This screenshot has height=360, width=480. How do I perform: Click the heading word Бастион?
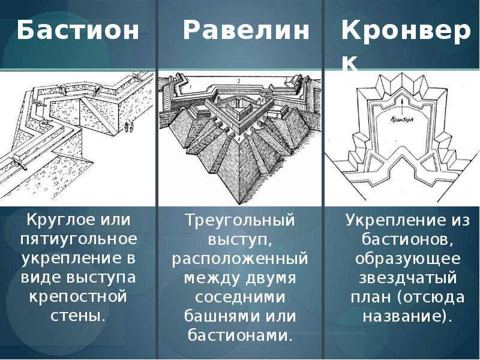coord(77,31)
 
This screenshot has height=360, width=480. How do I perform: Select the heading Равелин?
coord(246,31)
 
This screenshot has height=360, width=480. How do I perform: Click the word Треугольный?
coord(240,220)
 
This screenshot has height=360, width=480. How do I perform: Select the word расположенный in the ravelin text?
coord(240,259)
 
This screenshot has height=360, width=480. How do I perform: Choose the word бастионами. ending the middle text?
coord(240,335)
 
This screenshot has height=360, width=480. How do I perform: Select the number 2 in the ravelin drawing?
coord(238,79)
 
